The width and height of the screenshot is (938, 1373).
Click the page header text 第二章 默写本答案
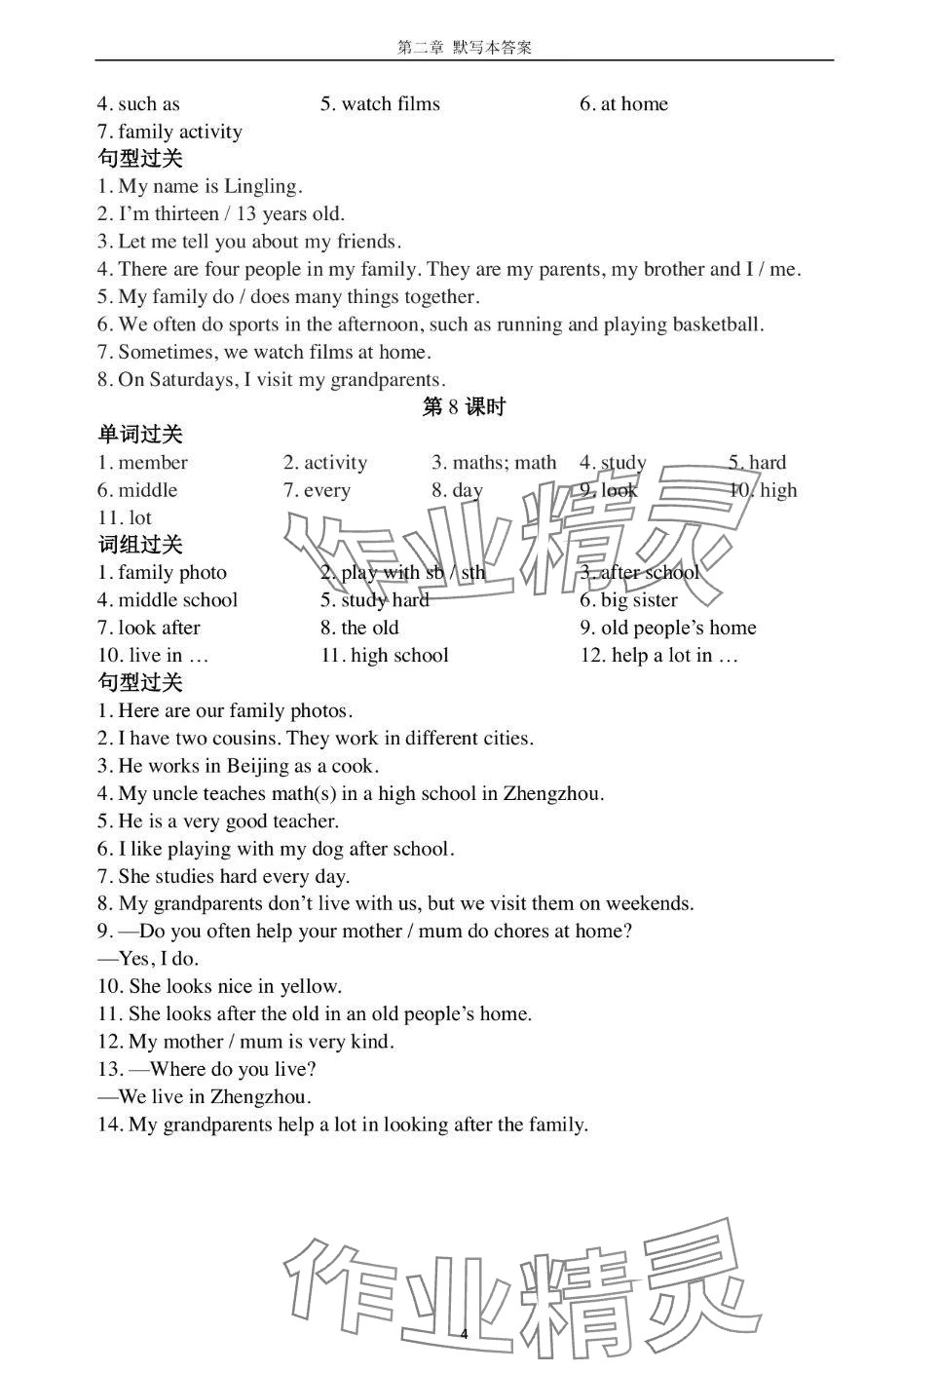[465, 47]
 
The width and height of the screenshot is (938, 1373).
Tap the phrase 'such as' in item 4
[149, 104]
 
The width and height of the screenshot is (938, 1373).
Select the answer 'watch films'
[391, 104]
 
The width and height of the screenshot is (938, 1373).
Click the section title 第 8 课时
[464, 407]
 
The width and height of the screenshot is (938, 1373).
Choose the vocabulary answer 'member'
[153, 463]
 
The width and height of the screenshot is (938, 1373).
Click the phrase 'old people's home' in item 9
[678, 629]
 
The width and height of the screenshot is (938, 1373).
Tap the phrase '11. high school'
[385, 656]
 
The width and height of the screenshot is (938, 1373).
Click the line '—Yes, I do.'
[148, 959]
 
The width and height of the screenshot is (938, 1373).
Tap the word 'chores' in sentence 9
[522, 932]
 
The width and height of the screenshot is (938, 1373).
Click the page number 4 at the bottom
[465, 1334]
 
